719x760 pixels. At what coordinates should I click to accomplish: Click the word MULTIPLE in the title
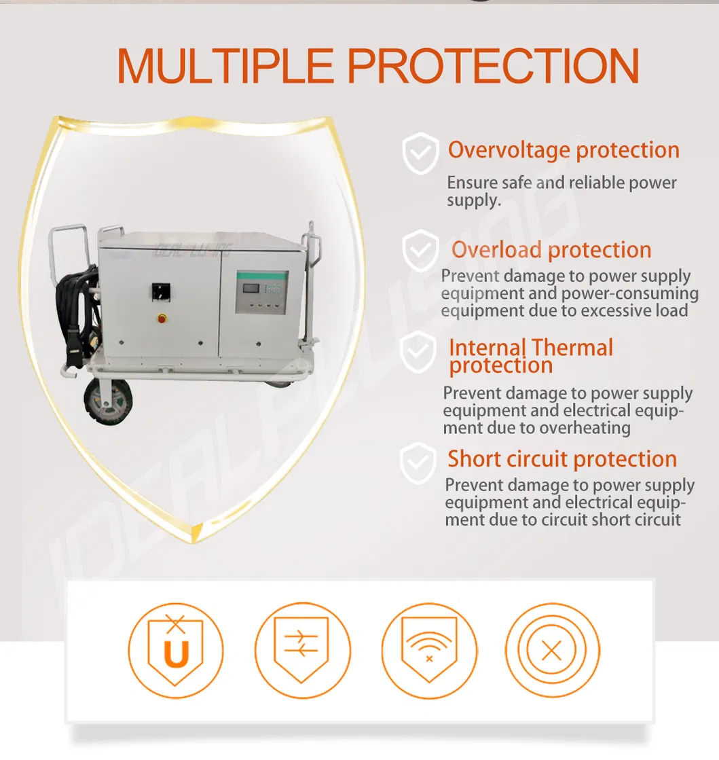[225, 65]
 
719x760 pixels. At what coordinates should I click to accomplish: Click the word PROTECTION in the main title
[494, 65]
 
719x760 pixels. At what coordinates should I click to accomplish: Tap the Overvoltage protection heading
[564, 150]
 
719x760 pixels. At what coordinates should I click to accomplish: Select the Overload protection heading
[551, 250]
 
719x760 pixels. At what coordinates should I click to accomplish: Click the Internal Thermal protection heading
[531, 357]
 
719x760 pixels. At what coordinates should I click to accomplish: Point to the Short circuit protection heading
[562, 459]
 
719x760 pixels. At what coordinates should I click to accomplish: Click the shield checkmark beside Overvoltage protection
[420, 153]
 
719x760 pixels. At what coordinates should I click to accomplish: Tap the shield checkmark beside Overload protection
[420, 251]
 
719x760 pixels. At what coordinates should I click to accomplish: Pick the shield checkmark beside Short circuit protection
[418, 463]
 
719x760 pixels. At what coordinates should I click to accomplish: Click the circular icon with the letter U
[176, 650]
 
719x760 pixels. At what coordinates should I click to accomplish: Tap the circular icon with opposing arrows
[302, 650]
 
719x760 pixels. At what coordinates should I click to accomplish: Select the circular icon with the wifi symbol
[429, 650]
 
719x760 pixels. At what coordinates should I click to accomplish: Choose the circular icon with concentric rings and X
[553, 650]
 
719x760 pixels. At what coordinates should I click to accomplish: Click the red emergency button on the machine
[162, 318]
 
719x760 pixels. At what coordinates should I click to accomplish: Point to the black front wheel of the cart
[108, 401]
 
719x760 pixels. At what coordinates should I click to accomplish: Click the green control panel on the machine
[261, 292]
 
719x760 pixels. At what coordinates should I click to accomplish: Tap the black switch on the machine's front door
[161, 292]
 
